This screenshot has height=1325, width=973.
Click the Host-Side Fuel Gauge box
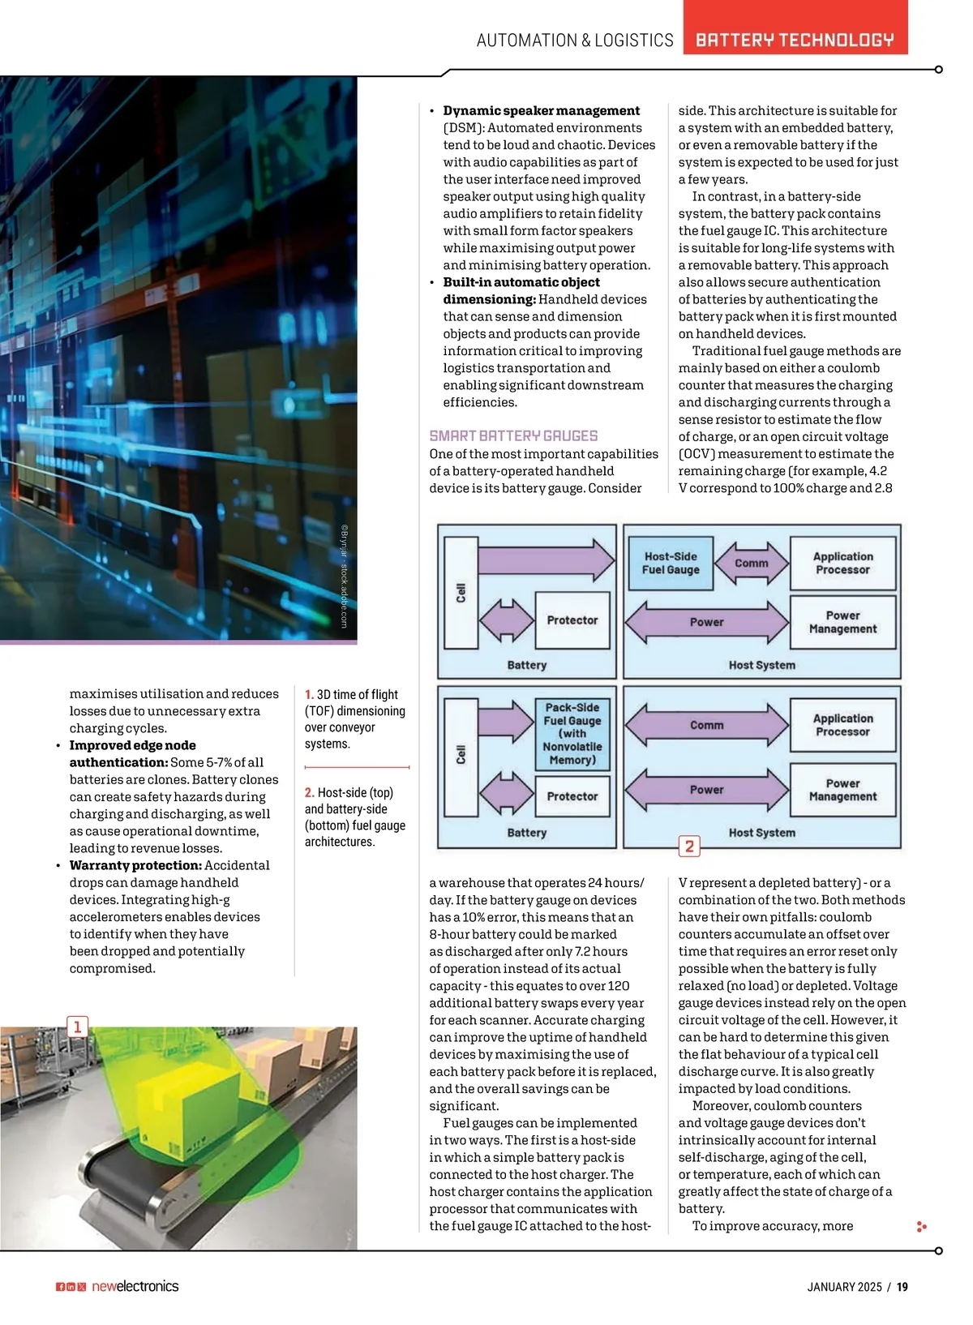tap(670, 563)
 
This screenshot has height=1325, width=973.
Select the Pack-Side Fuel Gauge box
tap(572, 733)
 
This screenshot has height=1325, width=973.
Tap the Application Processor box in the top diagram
tap(842, 563)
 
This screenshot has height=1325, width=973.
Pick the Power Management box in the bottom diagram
tap(842, 790)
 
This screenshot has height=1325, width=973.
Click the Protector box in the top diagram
tap(572, 620)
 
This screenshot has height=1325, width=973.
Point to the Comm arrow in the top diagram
tap(751, 563)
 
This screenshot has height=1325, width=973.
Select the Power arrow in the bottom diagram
tap(707, 790)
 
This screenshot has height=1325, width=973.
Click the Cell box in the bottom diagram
tap(461, 755)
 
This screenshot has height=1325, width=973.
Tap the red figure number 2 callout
tap(689, 847)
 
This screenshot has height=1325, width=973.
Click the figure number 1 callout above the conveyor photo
tap(77, 1027)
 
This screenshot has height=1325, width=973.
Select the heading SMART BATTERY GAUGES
tap(513, 435)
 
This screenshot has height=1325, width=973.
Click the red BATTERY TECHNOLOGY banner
tap(795, 40)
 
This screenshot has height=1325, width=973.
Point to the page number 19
tap(902, 1287)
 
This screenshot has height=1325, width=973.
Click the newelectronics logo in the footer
tap(135, 1286)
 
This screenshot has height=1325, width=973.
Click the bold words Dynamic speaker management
tap(541, 110)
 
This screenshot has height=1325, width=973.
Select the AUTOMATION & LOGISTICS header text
tap(575, 40)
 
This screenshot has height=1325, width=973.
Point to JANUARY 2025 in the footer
tap(844, 1287)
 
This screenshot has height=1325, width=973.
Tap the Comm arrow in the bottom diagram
tap(707, 725)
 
